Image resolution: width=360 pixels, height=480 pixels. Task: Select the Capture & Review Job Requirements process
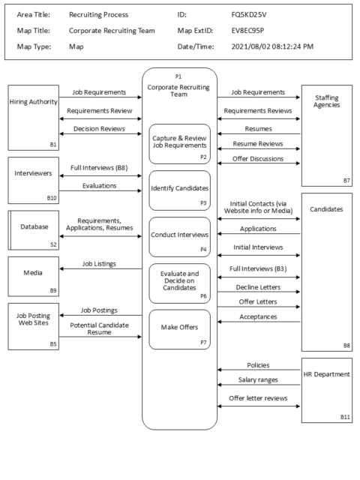tap(179, 144)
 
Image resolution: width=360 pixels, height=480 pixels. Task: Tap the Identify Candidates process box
tap(179, 190)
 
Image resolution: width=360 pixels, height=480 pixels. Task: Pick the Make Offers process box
tap(179, 328)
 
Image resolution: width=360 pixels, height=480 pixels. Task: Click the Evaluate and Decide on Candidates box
tap(179, 283)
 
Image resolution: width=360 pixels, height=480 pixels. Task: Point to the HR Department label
tap(330, 374)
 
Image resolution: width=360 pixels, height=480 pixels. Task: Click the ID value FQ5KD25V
tap(251, 14)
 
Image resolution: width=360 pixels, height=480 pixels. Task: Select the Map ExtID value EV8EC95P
tap(251, 31)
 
